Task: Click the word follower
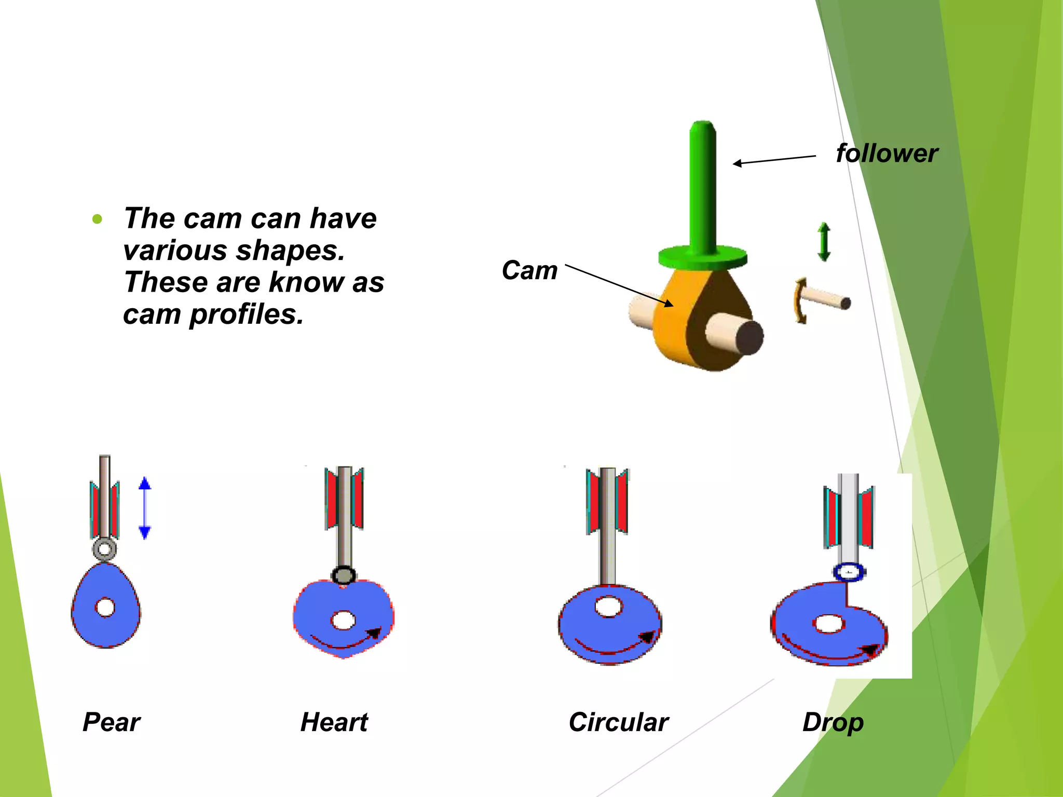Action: pos(887,154)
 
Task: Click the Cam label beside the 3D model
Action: pos(529,270)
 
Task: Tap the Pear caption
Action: pos(111,722)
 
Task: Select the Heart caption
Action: pos(334,722)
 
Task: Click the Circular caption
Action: pos(618,722)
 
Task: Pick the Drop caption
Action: pos(833,723)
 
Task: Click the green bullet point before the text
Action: pos(97,219)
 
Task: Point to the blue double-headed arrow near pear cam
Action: pos(145,508)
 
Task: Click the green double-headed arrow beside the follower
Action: pos(824,242)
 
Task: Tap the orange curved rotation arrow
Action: pos(800,301)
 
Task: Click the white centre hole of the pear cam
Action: pos(105,607)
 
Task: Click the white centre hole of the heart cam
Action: pos(343,620)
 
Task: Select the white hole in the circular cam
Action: pos(609,606)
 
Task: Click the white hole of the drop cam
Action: pos(828,624)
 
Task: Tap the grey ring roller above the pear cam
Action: pos(104,549)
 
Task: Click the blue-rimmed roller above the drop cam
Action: pos(849,572)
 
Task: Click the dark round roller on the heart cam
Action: pos(344,575)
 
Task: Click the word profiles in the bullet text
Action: pos(247,314)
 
